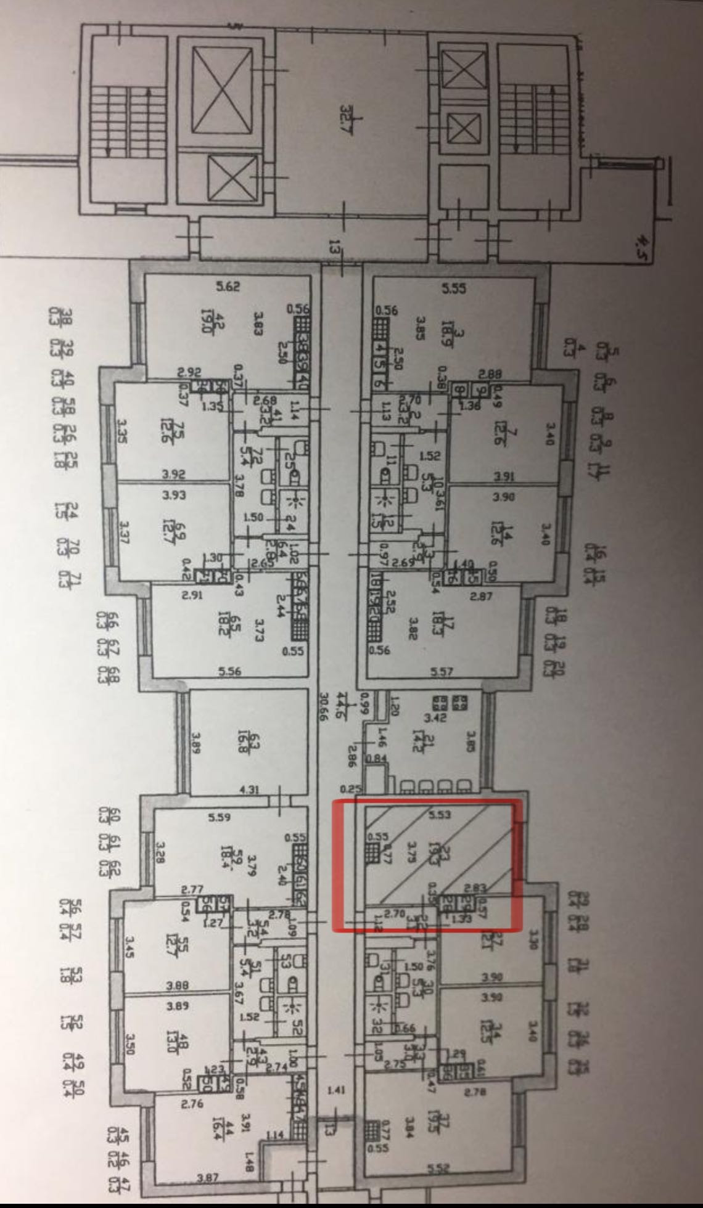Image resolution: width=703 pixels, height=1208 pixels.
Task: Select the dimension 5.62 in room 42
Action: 227,286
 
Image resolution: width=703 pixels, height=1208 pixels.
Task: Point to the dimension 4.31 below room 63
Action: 249,788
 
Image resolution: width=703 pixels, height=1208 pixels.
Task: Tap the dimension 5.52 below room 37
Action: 440,1167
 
